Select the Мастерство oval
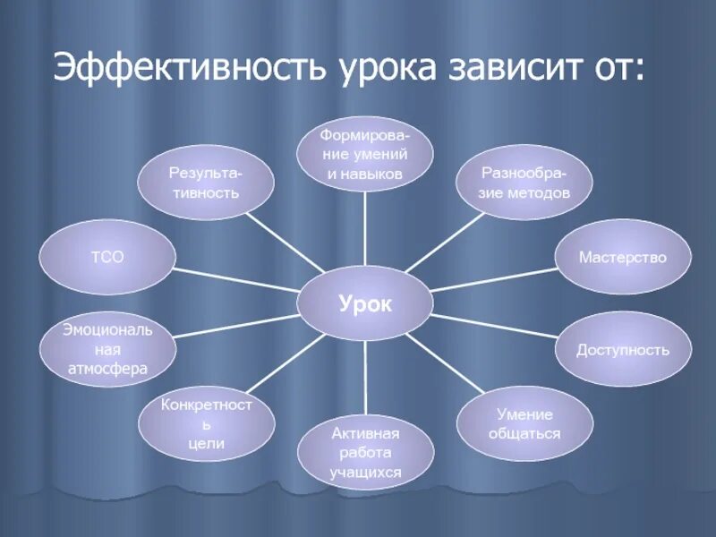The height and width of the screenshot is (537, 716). tap(623, 257)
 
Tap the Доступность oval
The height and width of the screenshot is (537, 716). tap(623, 349)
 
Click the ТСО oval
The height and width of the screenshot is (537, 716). tap(107, 257)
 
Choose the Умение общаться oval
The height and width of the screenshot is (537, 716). tap(525, 424)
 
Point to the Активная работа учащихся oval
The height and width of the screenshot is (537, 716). tap(365, 453)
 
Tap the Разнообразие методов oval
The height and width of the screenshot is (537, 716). tap(524, 182)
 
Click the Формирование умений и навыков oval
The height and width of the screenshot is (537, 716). tap(365, 154)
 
